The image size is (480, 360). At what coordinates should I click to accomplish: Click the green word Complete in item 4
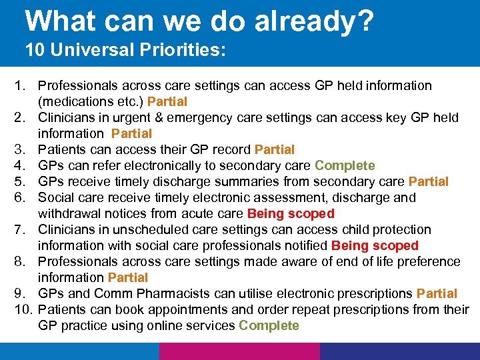(345, 166)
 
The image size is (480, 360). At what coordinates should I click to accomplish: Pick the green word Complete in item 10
(269, 326)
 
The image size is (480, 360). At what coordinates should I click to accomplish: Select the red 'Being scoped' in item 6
(291, 214)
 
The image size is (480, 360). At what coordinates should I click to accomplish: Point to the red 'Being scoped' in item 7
(375, 246)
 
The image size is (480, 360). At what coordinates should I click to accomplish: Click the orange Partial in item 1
(167, 102)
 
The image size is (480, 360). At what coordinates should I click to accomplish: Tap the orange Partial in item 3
(275, 150)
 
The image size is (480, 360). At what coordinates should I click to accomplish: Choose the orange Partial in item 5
(429, 182)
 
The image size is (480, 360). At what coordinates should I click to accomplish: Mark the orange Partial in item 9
(437, 294)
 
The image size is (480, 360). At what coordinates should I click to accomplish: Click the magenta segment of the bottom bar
(239, 351)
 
